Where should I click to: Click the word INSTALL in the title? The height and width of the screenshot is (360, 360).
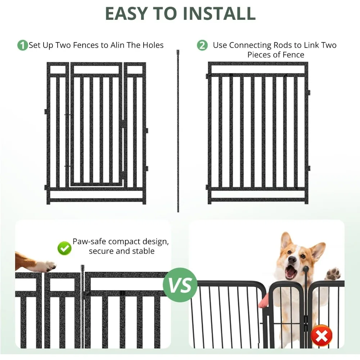[219, 13]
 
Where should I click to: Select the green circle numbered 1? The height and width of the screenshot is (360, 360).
[22, 45]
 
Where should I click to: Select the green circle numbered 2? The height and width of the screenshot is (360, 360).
[202, 45]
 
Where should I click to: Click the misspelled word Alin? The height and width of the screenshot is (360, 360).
[117, 45]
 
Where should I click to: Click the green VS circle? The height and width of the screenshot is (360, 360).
[180, 285]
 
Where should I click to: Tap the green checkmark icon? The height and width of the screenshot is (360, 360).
[64, 248]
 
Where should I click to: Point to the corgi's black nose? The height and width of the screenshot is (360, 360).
[292, 260]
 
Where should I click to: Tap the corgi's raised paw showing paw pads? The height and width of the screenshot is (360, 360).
[333, 274]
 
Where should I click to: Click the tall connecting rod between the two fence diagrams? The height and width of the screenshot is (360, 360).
[178, 131]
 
